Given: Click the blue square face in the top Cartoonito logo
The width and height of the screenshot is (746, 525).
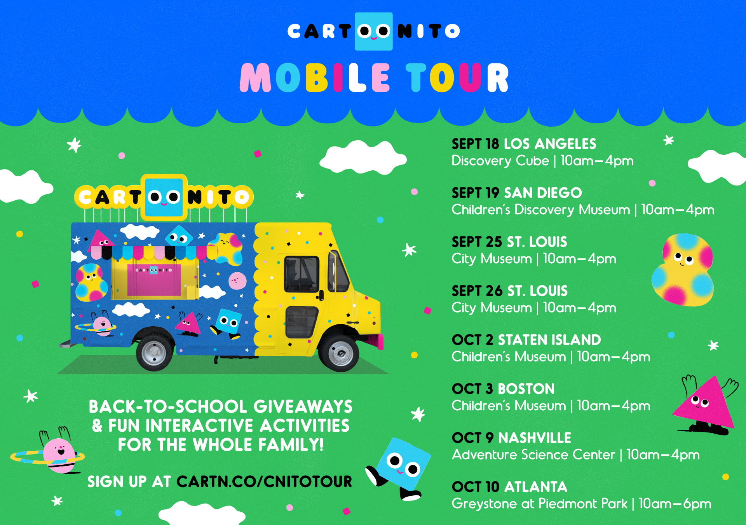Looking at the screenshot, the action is (374, 31).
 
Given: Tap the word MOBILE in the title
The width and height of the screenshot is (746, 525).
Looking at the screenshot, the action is (315, 78).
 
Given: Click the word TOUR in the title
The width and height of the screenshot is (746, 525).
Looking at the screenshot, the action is (457, 78).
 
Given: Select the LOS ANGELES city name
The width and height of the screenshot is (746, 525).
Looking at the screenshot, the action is (550, 144).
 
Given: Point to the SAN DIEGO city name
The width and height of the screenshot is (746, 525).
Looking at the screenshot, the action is (543, 193).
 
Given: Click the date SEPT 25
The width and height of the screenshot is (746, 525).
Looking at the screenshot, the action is (477, 242).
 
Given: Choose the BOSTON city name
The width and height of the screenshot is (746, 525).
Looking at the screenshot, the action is (526, 389).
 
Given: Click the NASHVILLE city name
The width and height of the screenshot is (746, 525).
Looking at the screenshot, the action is (535, 438).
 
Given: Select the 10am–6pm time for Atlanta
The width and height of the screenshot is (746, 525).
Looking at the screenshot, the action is (675, 504).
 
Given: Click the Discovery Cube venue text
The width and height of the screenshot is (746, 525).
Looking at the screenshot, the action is (500, 161).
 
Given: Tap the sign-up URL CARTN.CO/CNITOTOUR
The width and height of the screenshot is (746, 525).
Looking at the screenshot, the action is (264, 481).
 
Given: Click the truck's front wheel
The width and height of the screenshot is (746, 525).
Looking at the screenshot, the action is (340, 353).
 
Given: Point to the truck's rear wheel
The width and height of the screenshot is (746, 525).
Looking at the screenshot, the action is (154, 352).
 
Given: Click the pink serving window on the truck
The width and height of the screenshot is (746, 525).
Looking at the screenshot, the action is (154, 280).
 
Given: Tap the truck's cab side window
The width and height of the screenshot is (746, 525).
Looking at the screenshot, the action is (302, 274).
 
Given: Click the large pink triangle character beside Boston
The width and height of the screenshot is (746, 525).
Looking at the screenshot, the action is (705, 404).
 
